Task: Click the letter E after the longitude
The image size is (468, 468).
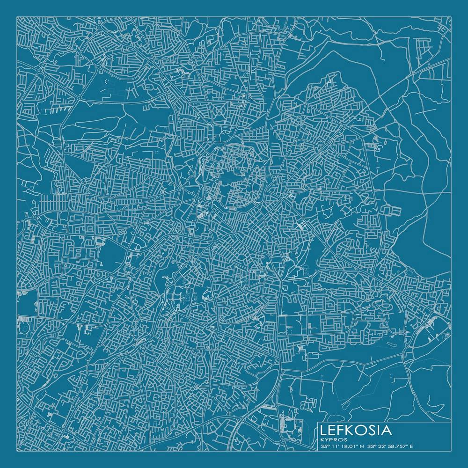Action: pos(411,446)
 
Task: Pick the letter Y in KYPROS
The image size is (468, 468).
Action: pos(326,439)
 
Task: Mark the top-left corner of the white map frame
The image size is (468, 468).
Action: pos(17,17)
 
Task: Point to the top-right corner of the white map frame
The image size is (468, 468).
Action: pos(451,17)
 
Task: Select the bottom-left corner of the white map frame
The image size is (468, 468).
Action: pos(17,451)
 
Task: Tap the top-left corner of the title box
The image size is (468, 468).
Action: pos(318,422)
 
